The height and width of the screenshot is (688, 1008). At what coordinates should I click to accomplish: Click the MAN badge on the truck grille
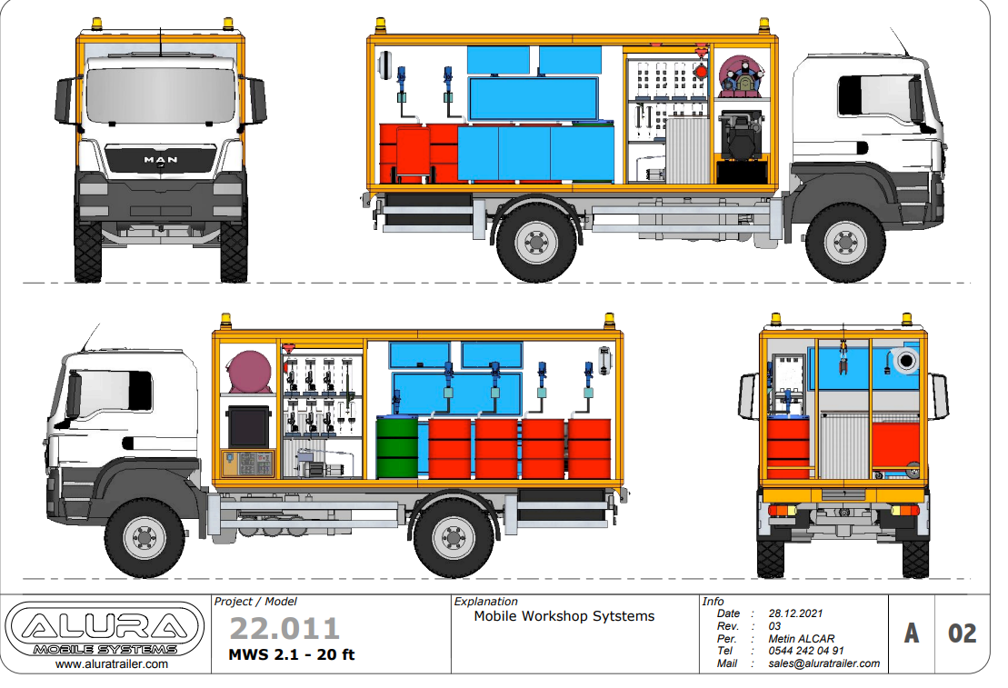[160, 160]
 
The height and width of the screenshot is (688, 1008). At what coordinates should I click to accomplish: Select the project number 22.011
[284, 629]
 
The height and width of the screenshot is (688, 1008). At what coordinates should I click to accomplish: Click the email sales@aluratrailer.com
[824, 663]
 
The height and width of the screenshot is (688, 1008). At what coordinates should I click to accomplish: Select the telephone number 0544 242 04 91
[806, 651]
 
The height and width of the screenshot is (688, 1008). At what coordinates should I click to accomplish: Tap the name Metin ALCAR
[802, 639]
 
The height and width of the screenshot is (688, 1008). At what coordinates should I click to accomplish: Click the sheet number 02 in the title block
[962, 633]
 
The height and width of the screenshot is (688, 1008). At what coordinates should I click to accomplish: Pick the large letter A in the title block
[911, 633]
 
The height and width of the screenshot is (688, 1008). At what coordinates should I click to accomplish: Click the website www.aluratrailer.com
[112, 664]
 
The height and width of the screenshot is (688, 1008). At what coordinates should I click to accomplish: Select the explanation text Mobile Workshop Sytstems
[564, 616]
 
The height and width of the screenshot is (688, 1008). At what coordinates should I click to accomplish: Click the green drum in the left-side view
[396, 447]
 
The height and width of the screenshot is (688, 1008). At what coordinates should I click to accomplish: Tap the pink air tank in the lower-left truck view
[250, 373]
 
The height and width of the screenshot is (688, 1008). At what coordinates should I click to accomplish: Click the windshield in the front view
[160, 95]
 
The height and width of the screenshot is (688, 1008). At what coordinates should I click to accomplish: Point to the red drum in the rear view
[788, 446]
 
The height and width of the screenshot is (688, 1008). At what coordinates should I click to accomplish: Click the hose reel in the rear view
[905, 362]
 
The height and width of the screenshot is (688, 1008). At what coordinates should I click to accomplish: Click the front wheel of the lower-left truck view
[145, 539]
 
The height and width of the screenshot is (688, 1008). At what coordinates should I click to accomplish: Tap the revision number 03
[775, 627]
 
